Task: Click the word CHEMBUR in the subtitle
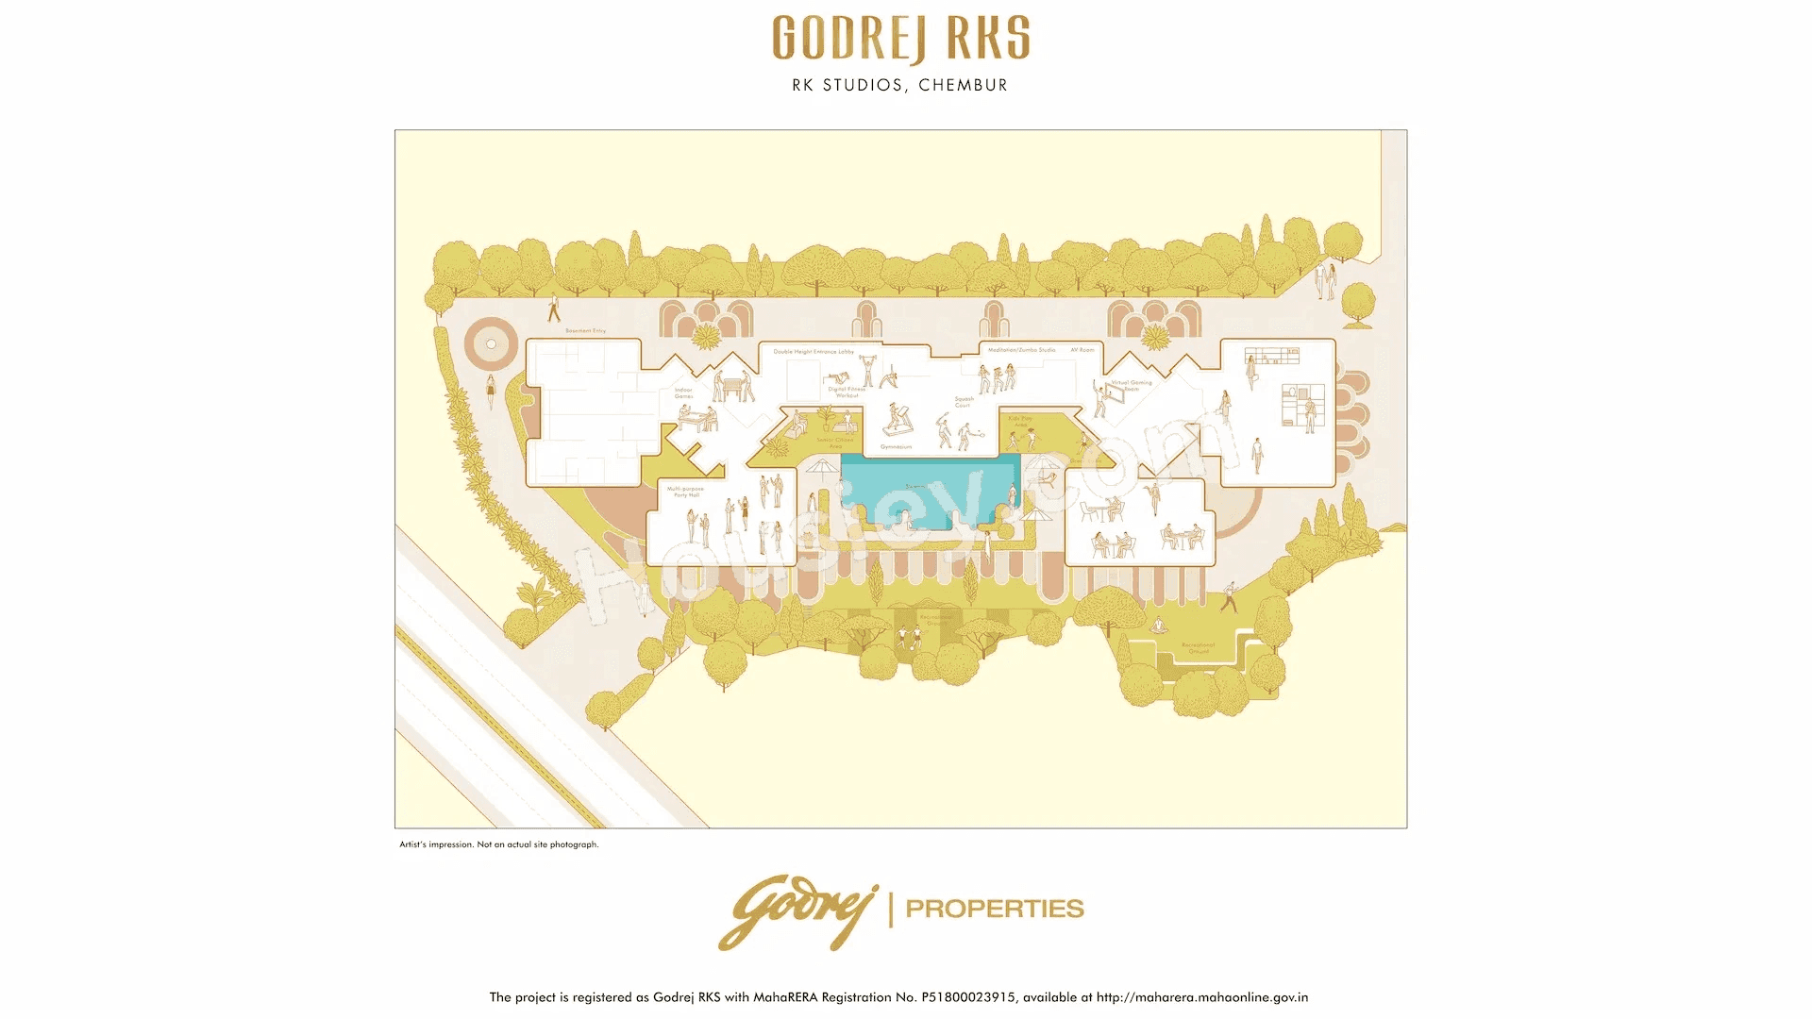click(963, 85)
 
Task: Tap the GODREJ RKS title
click(900, 39)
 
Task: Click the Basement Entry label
click(585, 331)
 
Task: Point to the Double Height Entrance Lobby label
click(813, 352)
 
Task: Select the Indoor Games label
click(683, 393)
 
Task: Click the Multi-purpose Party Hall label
click(685, 492)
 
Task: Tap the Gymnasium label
click(896, 446)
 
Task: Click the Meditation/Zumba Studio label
click(1021, 350)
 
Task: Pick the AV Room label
click(1082, 350)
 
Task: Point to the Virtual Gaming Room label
click(1132, 385)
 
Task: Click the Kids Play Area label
click(1020, 421)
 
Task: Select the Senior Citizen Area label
click(835, 443)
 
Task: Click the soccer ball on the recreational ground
click(910, 645)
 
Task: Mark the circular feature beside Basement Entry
click(492, 344)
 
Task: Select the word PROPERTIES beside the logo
click(995, 909)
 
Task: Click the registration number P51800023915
click(968, 997)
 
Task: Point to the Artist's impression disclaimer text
click(498, 844)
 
